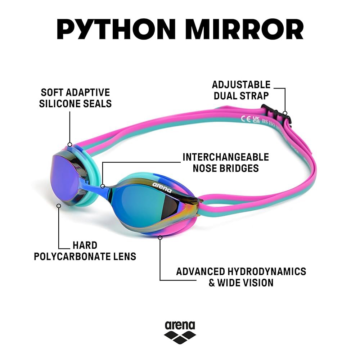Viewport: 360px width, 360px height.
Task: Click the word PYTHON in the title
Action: click(116, 30)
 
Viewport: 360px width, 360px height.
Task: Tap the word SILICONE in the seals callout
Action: click(59, 104)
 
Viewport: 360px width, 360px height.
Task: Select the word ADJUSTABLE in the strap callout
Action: click(241, 85)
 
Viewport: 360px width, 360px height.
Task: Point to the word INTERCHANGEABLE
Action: click(226, 157)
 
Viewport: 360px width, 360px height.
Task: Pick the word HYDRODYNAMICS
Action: click(267, 271)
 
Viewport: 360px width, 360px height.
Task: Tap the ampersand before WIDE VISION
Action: click(212, 283)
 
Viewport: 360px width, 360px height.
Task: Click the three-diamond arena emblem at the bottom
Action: click(180, 337)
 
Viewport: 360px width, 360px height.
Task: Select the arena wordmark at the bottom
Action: click(180, 325)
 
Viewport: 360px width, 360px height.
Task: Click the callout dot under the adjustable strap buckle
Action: click(285, 113)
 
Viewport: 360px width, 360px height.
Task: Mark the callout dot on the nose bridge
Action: click(103, 186)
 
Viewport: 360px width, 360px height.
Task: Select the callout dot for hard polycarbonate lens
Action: click(59, 206)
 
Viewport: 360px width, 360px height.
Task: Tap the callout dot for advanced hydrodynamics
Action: click(160, 237)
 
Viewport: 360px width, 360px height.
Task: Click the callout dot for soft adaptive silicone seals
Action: click(70, 145)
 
